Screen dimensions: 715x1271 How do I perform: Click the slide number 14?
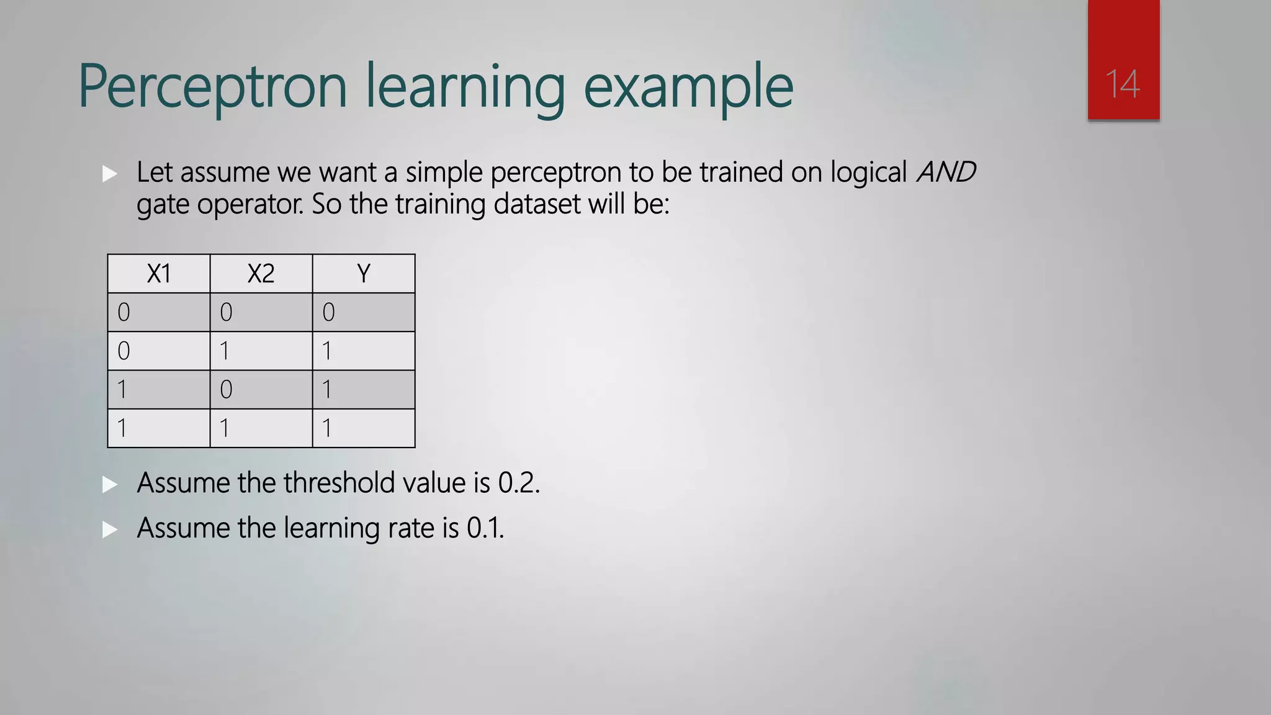click(x=1123, y=84)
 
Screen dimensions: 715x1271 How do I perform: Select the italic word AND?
click(x=946, y=172)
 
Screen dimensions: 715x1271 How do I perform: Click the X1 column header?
click(x=159, y=274)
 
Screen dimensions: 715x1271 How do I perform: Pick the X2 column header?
click(x=261, y=274)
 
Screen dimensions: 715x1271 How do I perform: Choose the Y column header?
click(x=364, y=274)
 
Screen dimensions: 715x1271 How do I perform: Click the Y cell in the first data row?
click(x=364, y=312)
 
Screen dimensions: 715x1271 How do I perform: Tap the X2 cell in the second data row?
click(x=261, y=351)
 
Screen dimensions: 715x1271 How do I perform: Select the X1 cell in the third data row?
click(x=159, y=390)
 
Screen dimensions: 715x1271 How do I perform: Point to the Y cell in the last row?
click(x=364, y=428)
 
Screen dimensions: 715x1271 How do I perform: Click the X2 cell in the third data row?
click(x=261, y=390)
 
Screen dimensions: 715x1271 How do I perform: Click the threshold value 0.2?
click(x=518, y=483)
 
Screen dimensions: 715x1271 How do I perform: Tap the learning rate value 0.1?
click(x=485, y=528)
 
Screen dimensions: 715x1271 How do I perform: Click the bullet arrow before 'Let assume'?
click(x=110, y=174)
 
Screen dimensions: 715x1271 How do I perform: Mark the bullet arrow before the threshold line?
click(x=110, y=485)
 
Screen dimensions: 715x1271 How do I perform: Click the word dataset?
click(x=536, y=204)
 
